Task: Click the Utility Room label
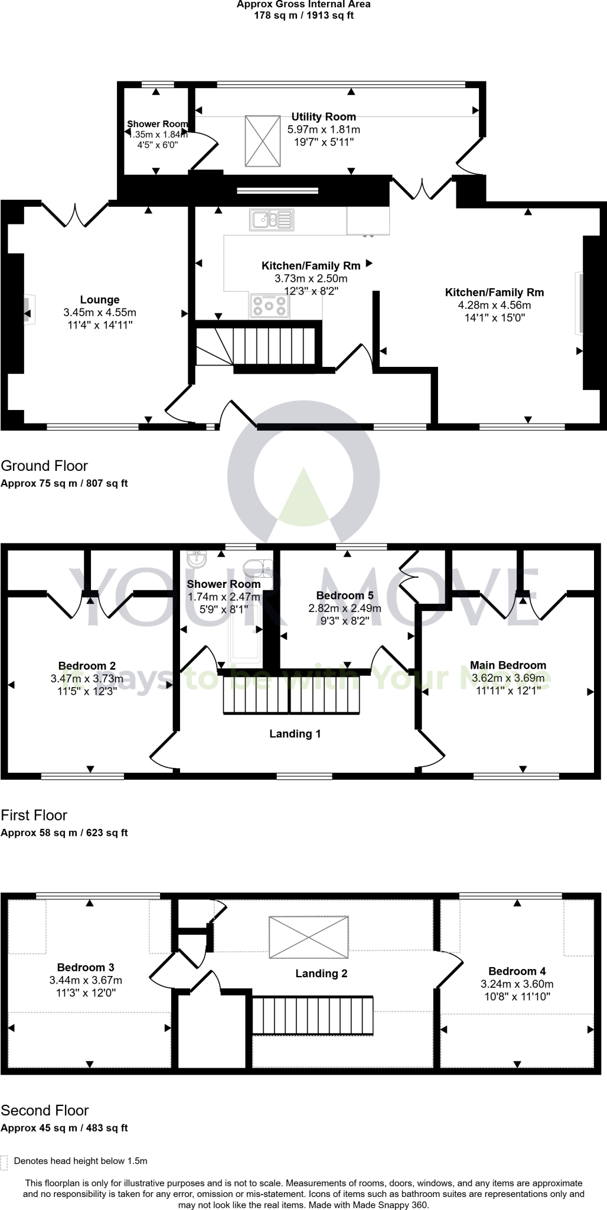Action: click(324, 117)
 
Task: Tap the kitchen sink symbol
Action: click(272, 220)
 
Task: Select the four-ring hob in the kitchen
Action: click(269, 306)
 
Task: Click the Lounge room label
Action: click(100, 300)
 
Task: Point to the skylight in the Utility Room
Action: click(262, 141)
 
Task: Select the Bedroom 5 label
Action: click(345, 596)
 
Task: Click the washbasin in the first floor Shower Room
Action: click(195, 559)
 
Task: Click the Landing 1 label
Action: click(295, 734)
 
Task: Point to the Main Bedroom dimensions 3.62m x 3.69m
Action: click(508, 678)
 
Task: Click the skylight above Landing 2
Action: click(308, 937)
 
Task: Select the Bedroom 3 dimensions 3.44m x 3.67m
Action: click(86, 980)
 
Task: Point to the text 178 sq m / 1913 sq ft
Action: click(303, 15)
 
